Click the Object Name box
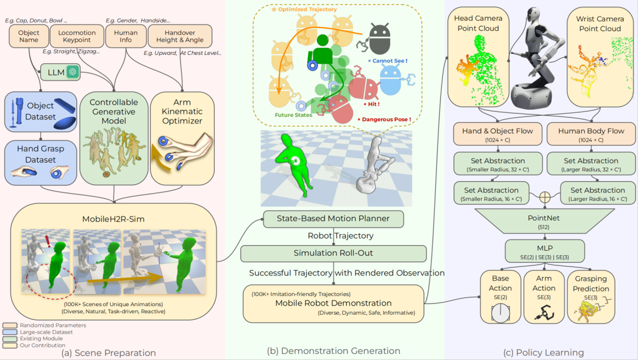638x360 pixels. click(x=29, y=36)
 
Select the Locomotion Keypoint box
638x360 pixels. click(x=77, y=36)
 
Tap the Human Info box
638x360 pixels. click(x=126, y=36)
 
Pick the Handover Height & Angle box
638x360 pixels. click(x=180, y=36)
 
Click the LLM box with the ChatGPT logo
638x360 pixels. click(x=60, y=73)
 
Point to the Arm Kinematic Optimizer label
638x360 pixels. click(x=182, y=111)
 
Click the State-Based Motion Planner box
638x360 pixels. click(x=333, y=219)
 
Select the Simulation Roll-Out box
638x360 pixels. click(x=333, y=253)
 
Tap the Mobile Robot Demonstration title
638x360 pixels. click(x=333, y=303)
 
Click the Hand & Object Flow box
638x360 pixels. click(x=498, y=134)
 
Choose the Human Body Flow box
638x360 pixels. click(x=591, y=134)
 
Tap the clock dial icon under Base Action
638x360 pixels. click(x=500, y=313)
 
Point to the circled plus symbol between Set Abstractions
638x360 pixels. click(x=544, y=197)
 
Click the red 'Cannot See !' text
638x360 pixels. click(x=388, y=61)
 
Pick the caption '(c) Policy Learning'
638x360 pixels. click(x=543, y=352)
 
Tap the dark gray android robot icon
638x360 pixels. click(x=379, y=38)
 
